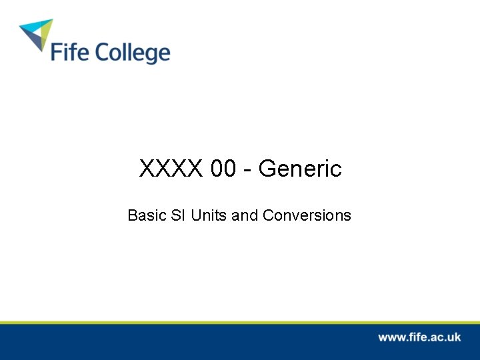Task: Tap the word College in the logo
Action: (131, 53)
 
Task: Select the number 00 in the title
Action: (223, 169)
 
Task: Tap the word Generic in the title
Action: (300, 169)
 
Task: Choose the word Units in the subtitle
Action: (209, 216)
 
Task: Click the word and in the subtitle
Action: (245, 216)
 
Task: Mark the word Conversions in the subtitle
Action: (307, 216)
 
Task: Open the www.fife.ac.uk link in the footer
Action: (419, 337)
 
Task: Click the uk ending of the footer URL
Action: (453, 337)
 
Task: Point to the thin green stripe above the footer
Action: (240, 322)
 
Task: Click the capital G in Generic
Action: (267, 169)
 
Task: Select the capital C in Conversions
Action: (268, 216)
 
